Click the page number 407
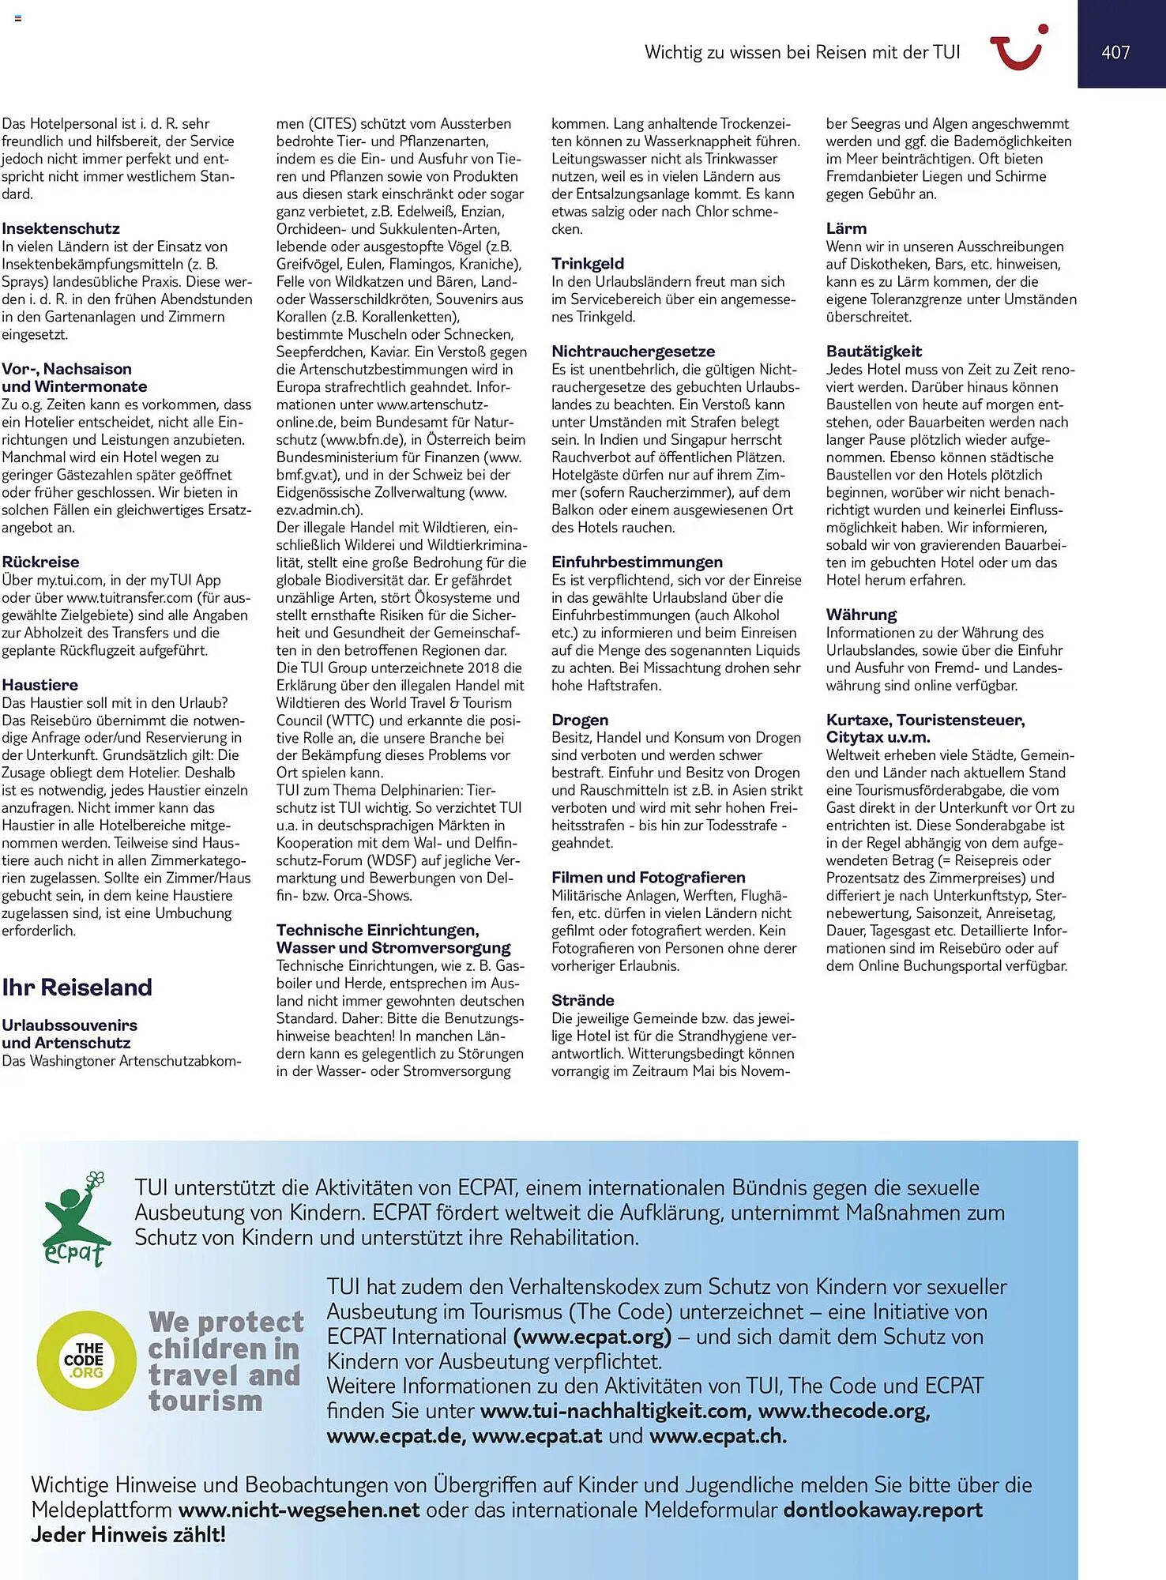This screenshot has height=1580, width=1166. click(1115, 52)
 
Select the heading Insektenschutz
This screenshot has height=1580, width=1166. click(61, 228)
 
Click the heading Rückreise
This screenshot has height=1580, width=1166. click(40, 562)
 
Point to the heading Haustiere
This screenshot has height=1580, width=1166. click(39, 684)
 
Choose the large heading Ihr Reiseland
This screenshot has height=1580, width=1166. click(77, 987)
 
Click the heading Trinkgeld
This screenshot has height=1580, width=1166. click(588, 263)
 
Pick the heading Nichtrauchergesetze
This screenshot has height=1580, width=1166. click(633, 351)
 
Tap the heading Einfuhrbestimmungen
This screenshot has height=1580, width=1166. click(637, 562)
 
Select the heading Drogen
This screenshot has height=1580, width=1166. click(580, 720)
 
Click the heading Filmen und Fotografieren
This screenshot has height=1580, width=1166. click(648, 877)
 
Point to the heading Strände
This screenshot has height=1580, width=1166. click(582, 999)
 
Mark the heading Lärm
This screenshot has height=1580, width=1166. click(846, 228)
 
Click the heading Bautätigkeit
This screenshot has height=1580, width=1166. click(874, 351)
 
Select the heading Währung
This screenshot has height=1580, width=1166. click(861, 614)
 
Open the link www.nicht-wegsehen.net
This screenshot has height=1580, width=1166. click(299, 1510)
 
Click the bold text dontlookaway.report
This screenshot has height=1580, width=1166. click(882, 1510)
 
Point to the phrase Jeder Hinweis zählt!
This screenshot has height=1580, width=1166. click(128, 1534)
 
